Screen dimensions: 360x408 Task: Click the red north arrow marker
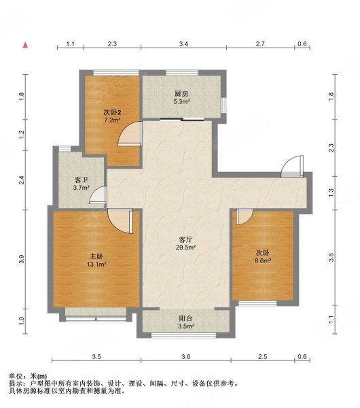click(x=25, y=45)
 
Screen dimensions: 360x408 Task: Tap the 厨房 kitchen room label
click(x=181, y=94)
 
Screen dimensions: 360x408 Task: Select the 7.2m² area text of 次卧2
click(x=112, y=120)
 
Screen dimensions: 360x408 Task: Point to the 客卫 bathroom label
click(x=81, y=180)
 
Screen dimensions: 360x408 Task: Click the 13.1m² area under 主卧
click(x=96, y=265)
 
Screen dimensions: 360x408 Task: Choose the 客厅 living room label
click(x=185, y=239)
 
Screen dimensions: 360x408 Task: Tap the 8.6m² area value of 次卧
click(x=263, y=260)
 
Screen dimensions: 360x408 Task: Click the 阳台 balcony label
click(x=185, y=318)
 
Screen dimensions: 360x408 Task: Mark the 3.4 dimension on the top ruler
click(x=183, y=44)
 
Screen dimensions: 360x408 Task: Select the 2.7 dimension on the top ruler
click(x=260, y=44)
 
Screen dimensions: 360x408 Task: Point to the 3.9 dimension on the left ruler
click(x=22, y=259)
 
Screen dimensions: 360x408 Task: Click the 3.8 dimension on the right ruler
click(x=331, y=257)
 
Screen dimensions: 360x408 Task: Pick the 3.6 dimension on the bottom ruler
click(x=186, y=356)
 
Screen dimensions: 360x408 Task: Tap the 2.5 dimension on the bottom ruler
click(x=262, y=356)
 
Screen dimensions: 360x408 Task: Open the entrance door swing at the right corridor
click(x=293, y=167)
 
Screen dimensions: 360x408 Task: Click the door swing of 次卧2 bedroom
click(x=130, y=134)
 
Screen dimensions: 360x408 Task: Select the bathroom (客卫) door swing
click(x=98, y=194)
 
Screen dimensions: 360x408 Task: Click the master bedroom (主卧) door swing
click(x=120, y=221)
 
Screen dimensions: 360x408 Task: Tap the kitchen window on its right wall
click(x=223, y=105)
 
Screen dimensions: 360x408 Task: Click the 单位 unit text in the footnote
click(x=16, y=376)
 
